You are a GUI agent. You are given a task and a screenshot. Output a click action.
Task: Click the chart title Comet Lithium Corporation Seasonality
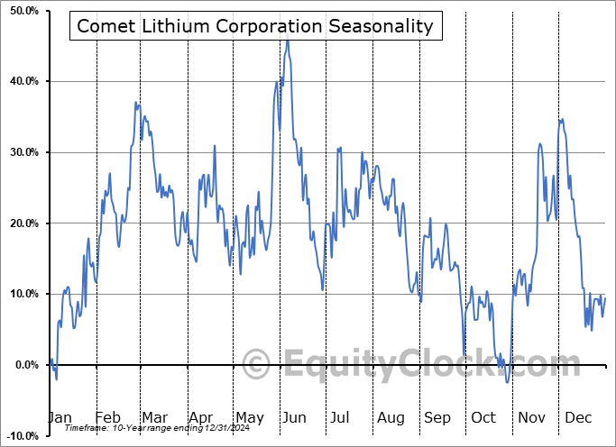[254, 26]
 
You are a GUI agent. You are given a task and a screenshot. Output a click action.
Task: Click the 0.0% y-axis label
[23, 365]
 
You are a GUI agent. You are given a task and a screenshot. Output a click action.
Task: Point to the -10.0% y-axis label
[19, 436]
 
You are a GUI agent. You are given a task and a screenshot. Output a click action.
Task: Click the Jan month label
[60, 417]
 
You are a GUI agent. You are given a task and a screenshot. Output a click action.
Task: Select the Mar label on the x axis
[153, 417]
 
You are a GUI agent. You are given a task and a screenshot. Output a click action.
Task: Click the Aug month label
[391, 417]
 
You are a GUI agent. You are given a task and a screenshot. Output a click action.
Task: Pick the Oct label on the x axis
[483, 417]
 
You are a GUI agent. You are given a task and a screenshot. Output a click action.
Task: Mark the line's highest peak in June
[288, 41]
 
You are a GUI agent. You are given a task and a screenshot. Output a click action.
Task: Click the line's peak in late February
[136, 103]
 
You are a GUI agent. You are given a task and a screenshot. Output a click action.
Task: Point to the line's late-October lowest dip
[507, 382]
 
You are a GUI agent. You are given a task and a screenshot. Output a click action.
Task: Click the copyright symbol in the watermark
[258, 365]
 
